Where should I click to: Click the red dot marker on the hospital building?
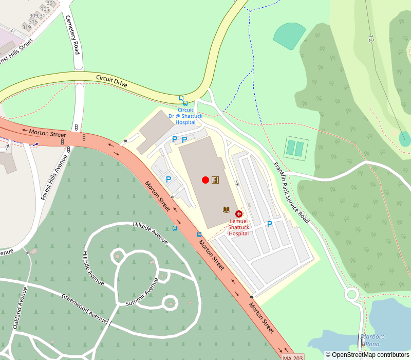206,179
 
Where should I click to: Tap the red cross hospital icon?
239,213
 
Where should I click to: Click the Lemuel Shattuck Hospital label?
239,227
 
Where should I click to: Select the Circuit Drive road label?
111,81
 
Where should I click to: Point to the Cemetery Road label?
72,34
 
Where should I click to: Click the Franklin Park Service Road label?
291,192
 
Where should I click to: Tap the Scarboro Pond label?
372,340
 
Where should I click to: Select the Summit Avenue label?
142,292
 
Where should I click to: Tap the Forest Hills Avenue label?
54,177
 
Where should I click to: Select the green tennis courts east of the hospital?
295,149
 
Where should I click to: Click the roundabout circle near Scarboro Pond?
352,295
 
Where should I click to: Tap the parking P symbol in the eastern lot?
269,224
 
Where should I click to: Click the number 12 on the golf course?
371,38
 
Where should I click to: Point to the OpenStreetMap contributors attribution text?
367,354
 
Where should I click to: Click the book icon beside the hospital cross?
226,209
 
